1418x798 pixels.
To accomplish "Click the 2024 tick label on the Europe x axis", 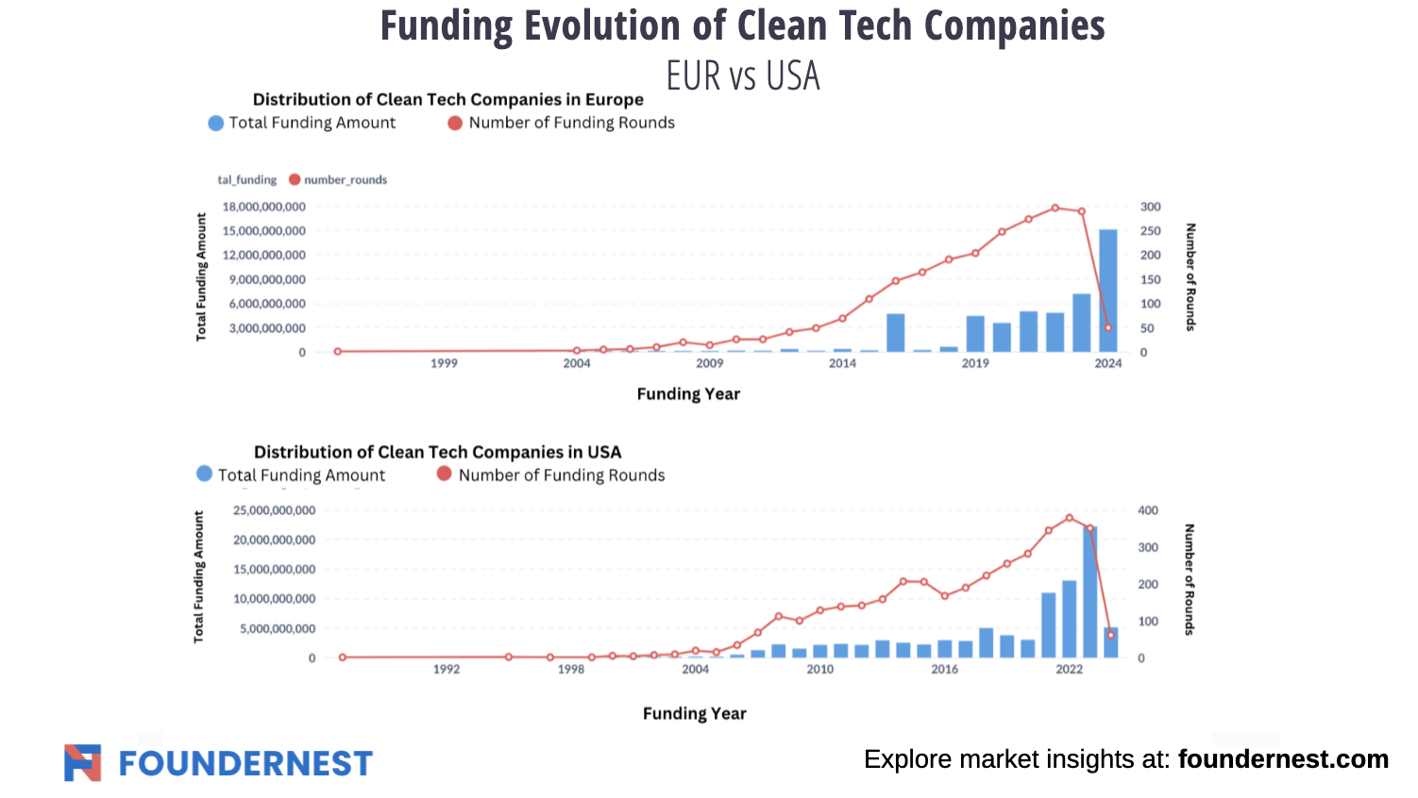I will click(1108, 363).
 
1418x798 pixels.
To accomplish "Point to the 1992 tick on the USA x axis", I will click(447, 669).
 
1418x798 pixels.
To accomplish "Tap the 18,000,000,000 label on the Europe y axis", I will click(263, 207).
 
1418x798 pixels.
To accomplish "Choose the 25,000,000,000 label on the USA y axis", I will click(274, 510).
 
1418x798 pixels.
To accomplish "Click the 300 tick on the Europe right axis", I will click(1150, 207).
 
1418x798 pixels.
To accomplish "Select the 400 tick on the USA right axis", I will click(1148, 510).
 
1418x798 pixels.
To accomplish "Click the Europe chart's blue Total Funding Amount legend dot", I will click(216, 123).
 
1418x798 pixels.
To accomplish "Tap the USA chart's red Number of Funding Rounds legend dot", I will click(445, 474).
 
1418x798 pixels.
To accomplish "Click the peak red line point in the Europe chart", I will click(1055, 208).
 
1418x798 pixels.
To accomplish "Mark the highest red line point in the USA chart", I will click(1070, 518).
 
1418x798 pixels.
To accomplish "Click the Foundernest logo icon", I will click(83, 762).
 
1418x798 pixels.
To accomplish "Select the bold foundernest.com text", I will click(1283, 759).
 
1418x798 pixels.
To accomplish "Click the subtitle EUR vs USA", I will click(743, 75).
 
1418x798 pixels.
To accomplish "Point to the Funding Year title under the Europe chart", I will click(688, 394).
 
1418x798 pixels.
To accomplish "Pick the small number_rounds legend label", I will click(346, 180).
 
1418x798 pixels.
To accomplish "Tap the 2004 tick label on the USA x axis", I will click(696, 669).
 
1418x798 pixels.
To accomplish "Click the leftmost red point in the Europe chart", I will click(338, 352).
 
